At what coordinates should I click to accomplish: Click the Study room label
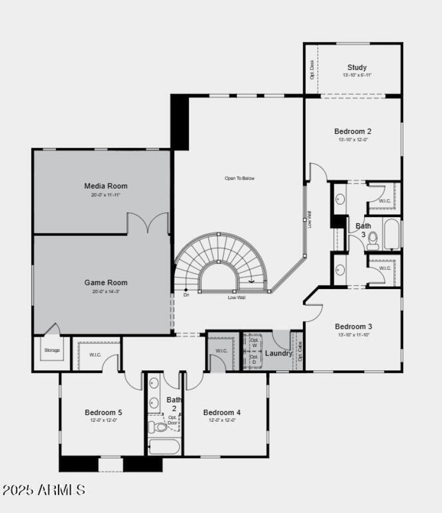(x=356, y=67)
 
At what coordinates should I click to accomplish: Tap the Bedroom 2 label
(x=352, y=132)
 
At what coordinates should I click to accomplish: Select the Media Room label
(x=106, y=186)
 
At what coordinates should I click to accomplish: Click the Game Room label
(x=106, y=282)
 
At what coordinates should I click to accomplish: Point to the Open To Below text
(x=239, y=178)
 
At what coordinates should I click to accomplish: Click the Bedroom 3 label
(x=354, y=326)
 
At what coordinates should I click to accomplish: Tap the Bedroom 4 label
(x=222, y=412)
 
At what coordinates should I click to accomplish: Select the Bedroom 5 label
(x=103, y=412)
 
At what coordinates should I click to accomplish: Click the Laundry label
(x=278, y=353)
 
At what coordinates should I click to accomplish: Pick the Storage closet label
(x=52, y=350)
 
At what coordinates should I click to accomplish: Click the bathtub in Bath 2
(x=164, y=447)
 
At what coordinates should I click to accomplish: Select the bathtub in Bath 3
(x=392, y=234)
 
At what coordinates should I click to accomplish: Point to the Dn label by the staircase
(x=187, y=295)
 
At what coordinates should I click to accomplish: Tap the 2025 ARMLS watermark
(x=44, y=490)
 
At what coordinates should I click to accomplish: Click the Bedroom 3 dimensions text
(x=354, y=335)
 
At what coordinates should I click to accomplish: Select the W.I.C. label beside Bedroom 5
(x=95, y=354)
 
